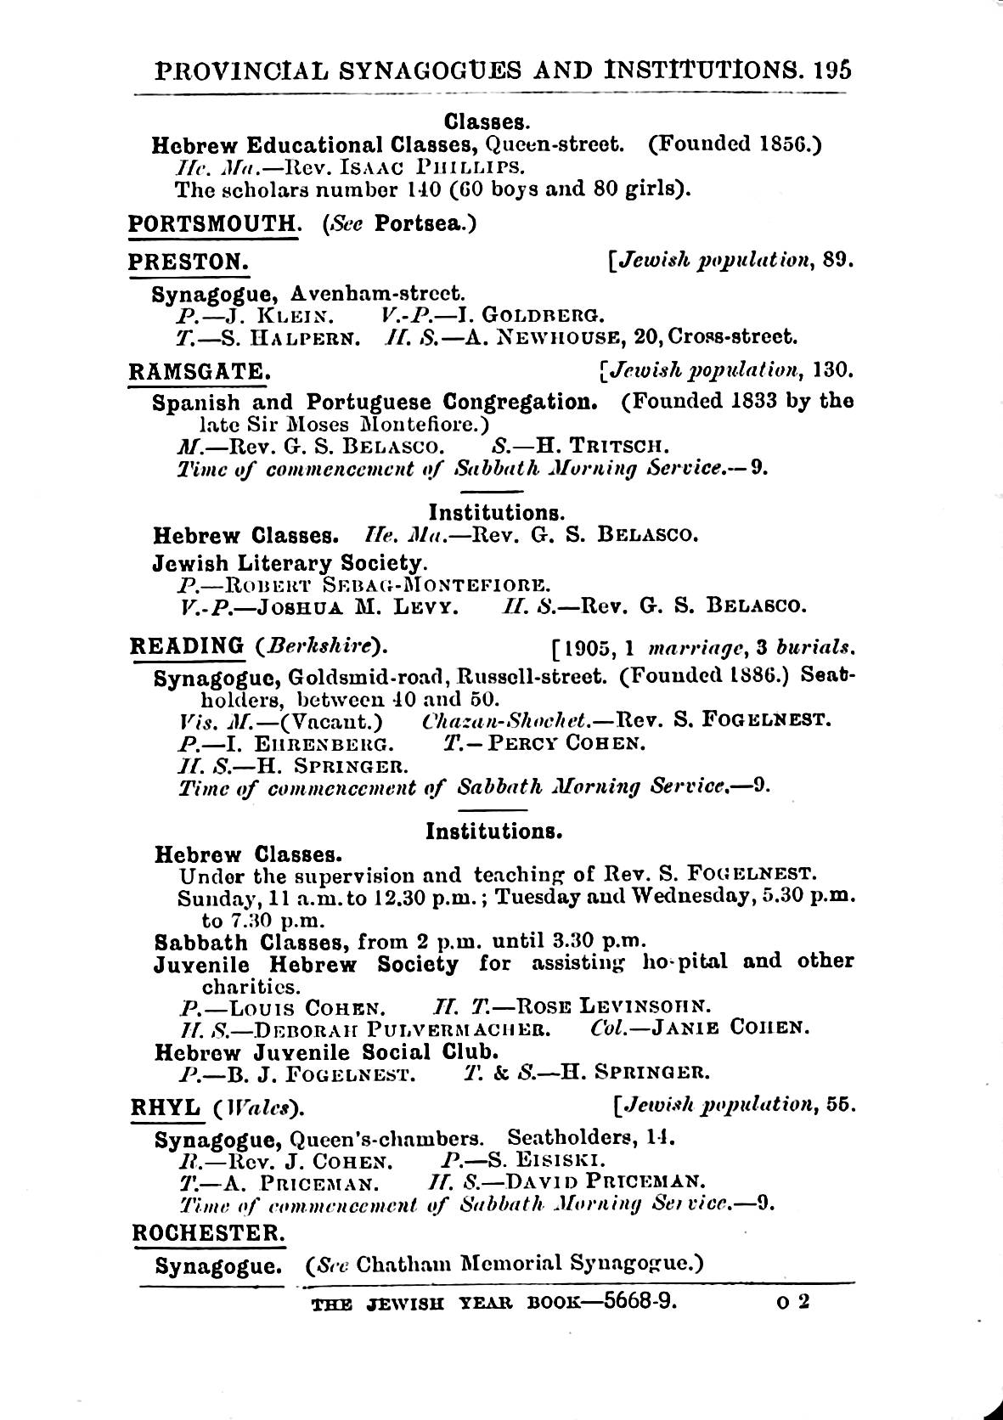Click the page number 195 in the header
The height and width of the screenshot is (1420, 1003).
831,70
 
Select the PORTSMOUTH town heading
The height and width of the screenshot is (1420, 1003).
211,223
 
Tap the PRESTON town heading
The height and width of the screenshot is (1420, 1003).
188,262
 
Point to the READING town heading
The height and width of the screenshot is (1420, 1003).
186,645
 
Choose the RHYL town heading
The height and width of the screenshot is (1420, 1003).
165,1107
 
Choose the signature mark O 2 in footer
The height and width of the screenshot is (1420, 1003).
793,1300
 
